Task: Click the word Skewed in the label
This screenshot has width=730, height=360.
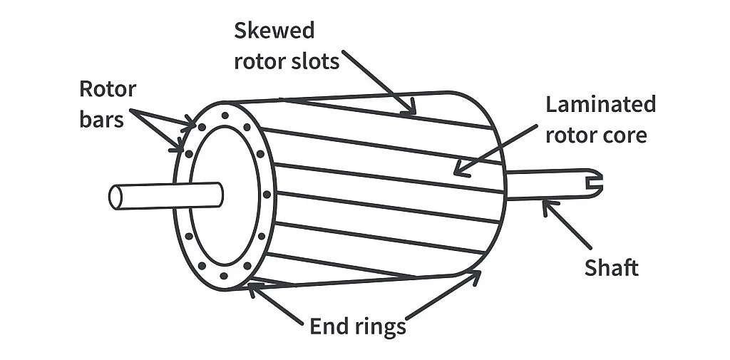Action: [274, 31]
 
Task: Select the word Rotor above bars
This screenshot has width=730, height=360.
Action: [107, 89]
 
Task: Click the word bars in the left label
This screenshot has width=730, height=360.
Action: [101, 119]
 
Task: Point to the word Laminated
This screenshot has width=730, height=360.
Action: [600, 104]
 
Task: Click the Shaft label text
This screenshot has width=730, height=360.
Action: [611, 268]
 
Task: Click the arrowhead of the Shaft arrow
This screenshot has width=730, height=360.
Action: [545, 205]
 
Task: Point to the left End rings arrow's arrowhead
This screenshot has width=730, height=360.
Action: [250, 287]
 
